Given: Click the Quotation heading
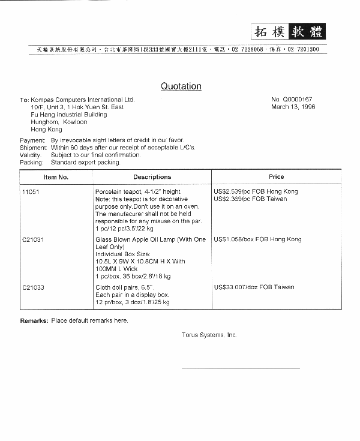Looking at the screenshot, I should click(x=181, y=86).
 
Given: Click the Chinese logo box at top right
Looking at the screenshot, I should click(x=287, y=31).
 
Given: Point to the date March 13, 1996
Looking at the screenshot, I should click(x=293, y=107).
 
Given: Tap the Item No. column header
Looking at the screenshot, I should click(x=56, y=177).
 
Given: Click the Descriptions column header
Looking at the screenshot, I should click(x=152, y=177).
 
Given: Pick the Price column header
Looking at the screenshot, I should click(x=277, y=177).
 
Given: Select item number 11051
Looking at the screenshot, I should click(x=30, y=191).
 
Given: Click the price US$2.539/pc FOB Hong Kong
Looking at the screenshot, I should click(x=256, y=191).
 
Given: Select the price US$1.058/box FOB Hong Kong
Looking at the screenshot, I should click(x=257, y=239).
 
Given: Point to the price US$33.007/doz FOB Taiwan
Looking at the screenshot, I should click(x=254, y=287).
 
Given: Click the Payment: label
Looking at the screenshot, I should click(x=32, y=140).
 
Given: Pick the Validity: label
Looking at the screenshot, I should click(x=31, y=155).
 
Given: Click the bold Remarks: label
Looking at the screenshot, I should click(x=34, y=320).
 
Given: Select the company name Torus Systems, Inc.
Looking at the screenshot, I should click(x=209, y=335).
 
